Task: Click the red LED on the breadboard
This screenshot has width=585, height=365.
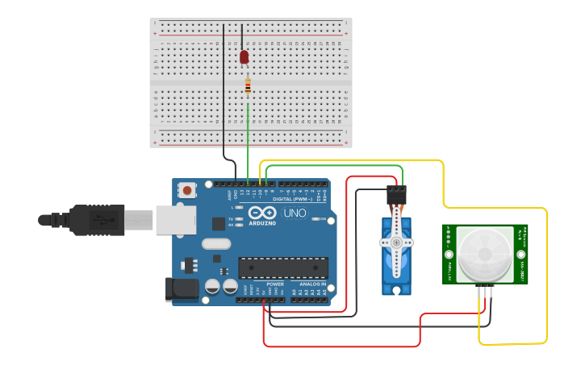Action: (x=244, y=56)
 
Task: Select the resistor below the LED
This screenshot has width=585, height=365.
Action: (x=248, y=85)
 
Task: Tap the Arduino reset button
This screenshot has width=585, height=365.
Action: (x=187, y=191)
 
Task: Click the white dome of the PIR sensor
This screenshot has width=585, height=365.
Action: (x=484, y=255)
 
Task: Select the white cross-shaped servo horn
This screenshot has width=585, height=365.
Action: (x=396, y=242)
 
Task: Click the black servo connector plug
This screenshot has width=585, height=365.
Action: (x=396, y=195)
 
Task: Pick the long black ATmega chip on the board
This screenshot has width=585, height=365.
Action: (x=283, y=268)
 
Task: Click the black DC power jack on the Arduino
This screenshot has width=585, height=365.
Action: (x=181, y=290)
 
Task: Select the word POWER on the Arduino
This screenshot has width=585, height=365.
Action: (x=275, y=284)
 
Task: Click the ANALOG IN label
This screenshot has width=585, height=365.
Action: (x=313, y=284)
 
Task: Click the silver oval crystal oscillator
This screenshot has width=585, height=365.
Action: (x=216, y=243)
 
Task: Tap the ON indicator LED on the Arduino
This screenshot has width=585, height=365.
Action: (x=315, y=218)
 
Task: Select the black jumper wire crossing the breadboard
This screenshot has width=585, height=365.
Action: (x=224, y=89)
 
